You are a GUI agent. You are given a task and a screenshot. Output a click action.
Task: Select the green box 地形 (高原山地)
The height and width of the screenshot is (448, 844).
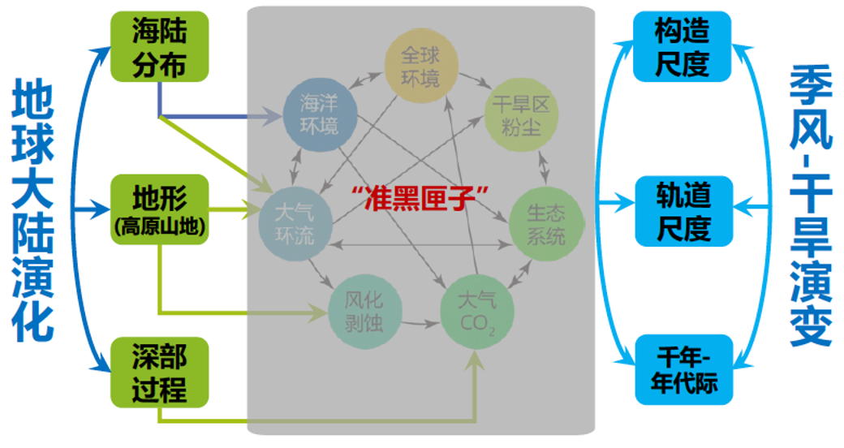159,209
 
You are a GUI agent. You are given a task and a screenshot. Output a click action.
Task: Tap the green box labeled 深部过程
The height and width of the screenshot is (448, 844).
159,371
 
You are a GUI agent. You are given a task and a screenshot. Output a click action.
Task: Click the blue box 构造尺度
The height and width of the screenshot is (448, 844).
683,46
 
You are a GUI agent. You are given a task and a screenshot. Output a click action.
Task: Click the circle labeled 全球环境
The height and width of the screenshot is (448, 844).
420,67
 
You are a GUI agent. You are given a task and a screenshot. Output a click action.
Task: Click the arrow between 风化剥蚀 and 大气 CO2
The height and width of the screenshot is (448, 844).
420,324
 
